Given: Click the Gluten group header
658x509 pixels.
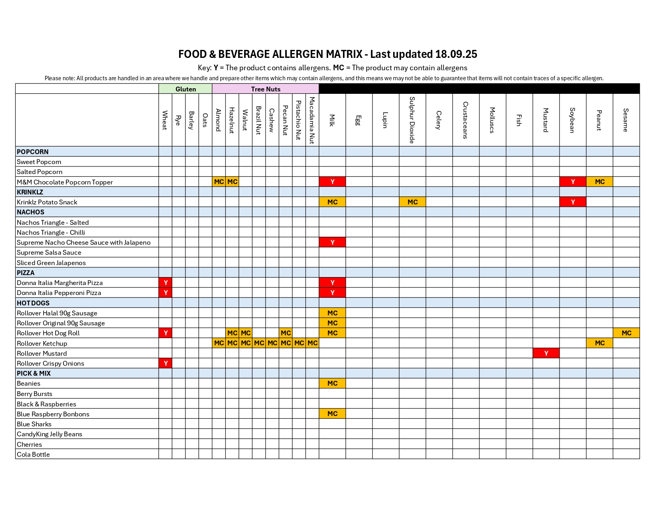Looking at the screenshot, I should click(x=185, y=89).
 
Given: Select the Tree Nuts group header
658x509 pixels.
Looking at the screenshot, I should click(x=266, y=89).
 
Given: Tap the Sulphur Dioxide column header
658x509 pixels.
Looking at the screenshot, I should click(x=412, y=120).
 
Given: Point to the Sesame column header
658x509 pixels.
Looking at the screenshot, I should click(x=626, y=120).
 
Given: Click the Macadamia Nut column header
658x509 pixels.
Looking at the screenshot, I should click(x=312, y=120).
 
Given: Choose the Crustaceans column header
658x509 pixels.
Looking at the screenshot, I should click(x=466, y=120).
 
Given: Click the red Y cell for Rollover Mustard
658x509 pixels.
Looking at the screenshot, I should click(x=546, y=353).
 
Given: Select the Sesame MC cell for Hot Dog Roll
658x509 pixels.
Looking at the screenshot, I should click(x=626, y=333).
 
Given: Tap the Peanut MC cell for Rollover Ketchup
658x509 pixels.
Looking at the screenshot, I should click(x=599, y=343).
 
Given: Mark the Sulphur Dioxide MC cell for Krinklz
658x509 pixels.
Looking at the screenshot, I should click(x=412, y=202).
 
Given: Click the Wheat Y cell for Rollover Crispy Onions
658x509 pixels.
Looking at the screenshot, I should click(x=165, y=363).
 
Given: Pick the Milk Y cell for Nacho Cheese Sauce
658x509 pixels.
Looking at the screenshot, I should click(x=332, y=242).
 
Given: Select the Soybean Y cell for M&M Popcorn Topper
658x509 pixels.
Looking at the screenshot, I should click(x=573, y=182).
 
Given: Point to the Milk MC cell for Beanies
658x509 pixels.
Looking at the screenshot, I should click(x=332, y=383).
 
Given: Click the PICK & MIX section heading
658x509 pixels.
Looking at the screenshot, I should click(x=34, y=373).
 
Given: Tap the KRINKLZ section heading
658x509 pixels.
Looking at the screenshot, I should click(x=30, y=192).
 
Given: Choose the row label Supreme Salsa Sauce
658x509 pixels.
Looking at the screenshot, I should click(x=49, y=252).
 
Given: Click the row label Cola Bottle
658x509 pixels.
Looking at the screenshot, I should click(x=33, y=454).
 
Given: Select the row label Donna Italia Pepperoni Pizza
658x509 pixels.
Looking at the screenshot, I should click(x=59, y=293).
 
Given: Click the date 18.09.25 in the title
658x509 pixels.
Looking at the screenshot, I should click(x=456, y=54).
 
